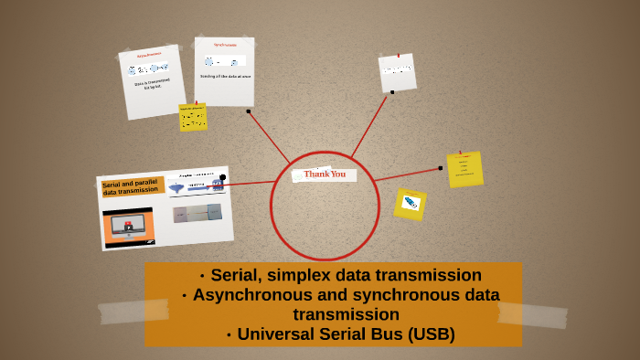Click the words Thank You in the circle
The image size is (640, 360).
point(325,174)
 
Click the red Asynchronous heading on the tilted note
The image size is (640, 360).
point(149,56)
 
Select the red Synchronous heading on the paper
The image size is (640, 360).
point(225,45)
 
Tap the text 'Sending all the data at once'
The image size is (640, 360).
point(225,77)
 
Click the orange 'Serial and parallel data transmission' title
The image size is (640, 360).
point(132,188)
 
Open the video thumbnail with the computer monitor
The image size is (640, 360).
point(128,226)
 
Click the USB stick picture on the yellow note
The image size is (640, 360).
point(411,203)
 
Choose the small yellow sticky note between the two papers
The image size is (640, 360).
point(193,117)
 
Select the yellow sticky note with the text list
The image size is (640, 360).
point(464,169)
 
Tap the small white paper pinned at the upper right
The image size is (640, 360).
point(397,72)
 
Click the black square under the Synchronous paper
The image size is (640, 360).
point(248,111)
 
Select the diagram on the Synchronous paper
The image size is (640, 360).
point(223,61)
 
